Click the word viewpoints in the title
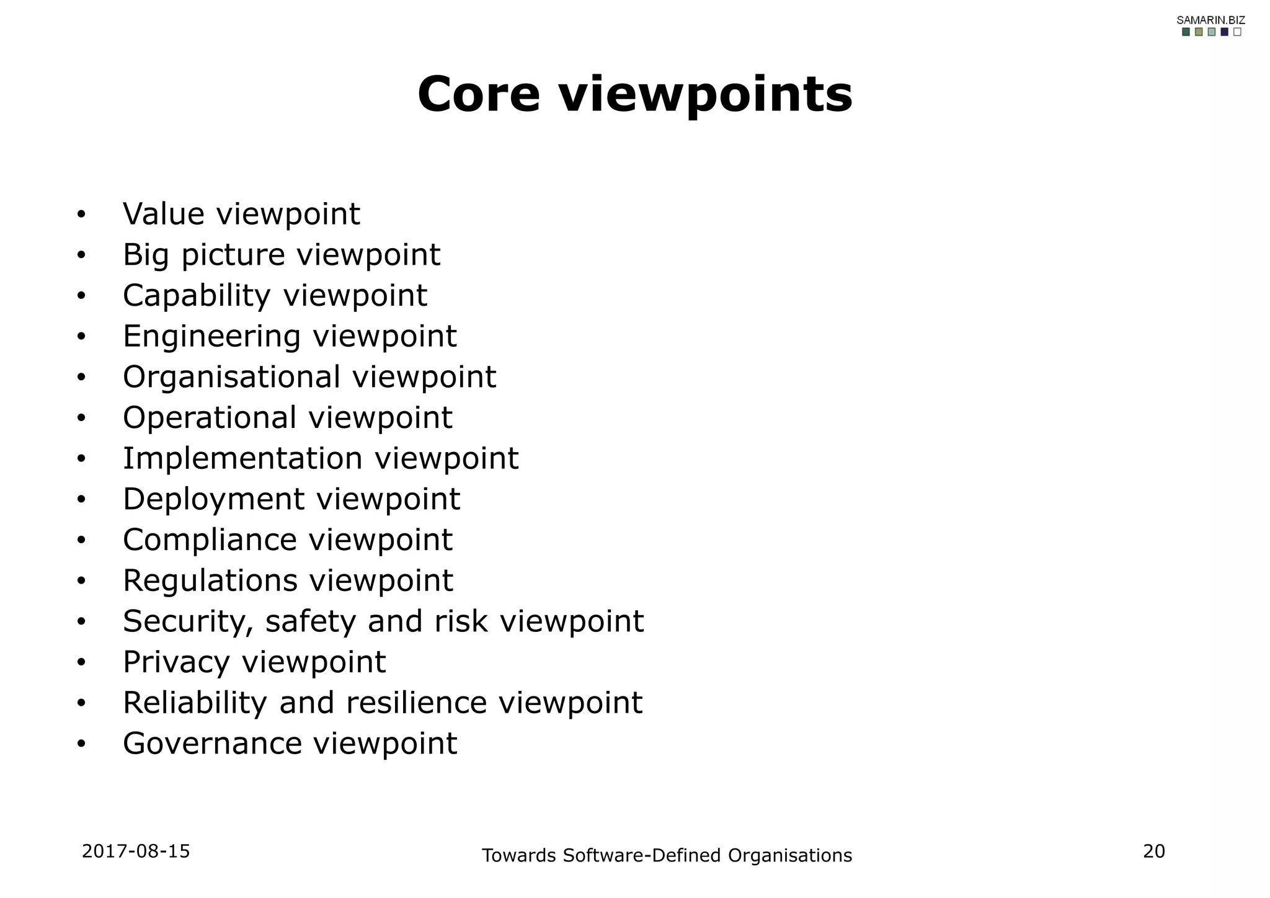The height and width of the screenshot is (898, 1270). [x=706, y=96]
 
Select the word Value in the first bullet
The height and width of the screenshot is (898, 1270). [x=164, y=214]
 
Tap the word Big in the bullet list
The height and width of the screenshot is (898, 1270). [x=146, y=256]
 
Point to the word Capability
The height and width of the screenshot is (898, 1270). [x=197, y=296]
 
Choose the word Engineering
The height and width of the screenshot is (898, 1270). [x=211, y=337]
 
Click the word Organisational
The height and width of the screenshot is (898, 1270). [x=231, y=377]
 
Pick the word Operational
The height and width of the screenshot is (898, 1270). [x=210, y=417]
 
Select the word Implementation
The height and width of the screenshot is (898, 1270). [x=242, y=458]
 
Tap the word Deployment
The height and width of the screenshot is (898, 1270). [x=214, y=499]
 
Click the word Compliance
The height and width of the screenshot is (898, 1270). [x=210, y=540]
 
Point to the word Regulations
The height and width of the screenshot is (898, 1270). [x=210, y=580]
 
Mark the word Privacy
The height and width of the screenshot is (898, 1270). [x=176, y=662]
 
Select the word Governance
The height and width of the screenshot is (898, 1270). [x=211, y=743]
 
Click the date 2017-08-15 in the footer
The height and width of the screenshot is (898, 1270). [x=136, y=851]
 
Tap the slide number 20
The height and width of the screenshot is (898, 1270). [x=1154, y=851]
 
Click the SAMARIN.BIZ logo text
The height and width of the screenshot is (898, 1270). [x=1211, y=20]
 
